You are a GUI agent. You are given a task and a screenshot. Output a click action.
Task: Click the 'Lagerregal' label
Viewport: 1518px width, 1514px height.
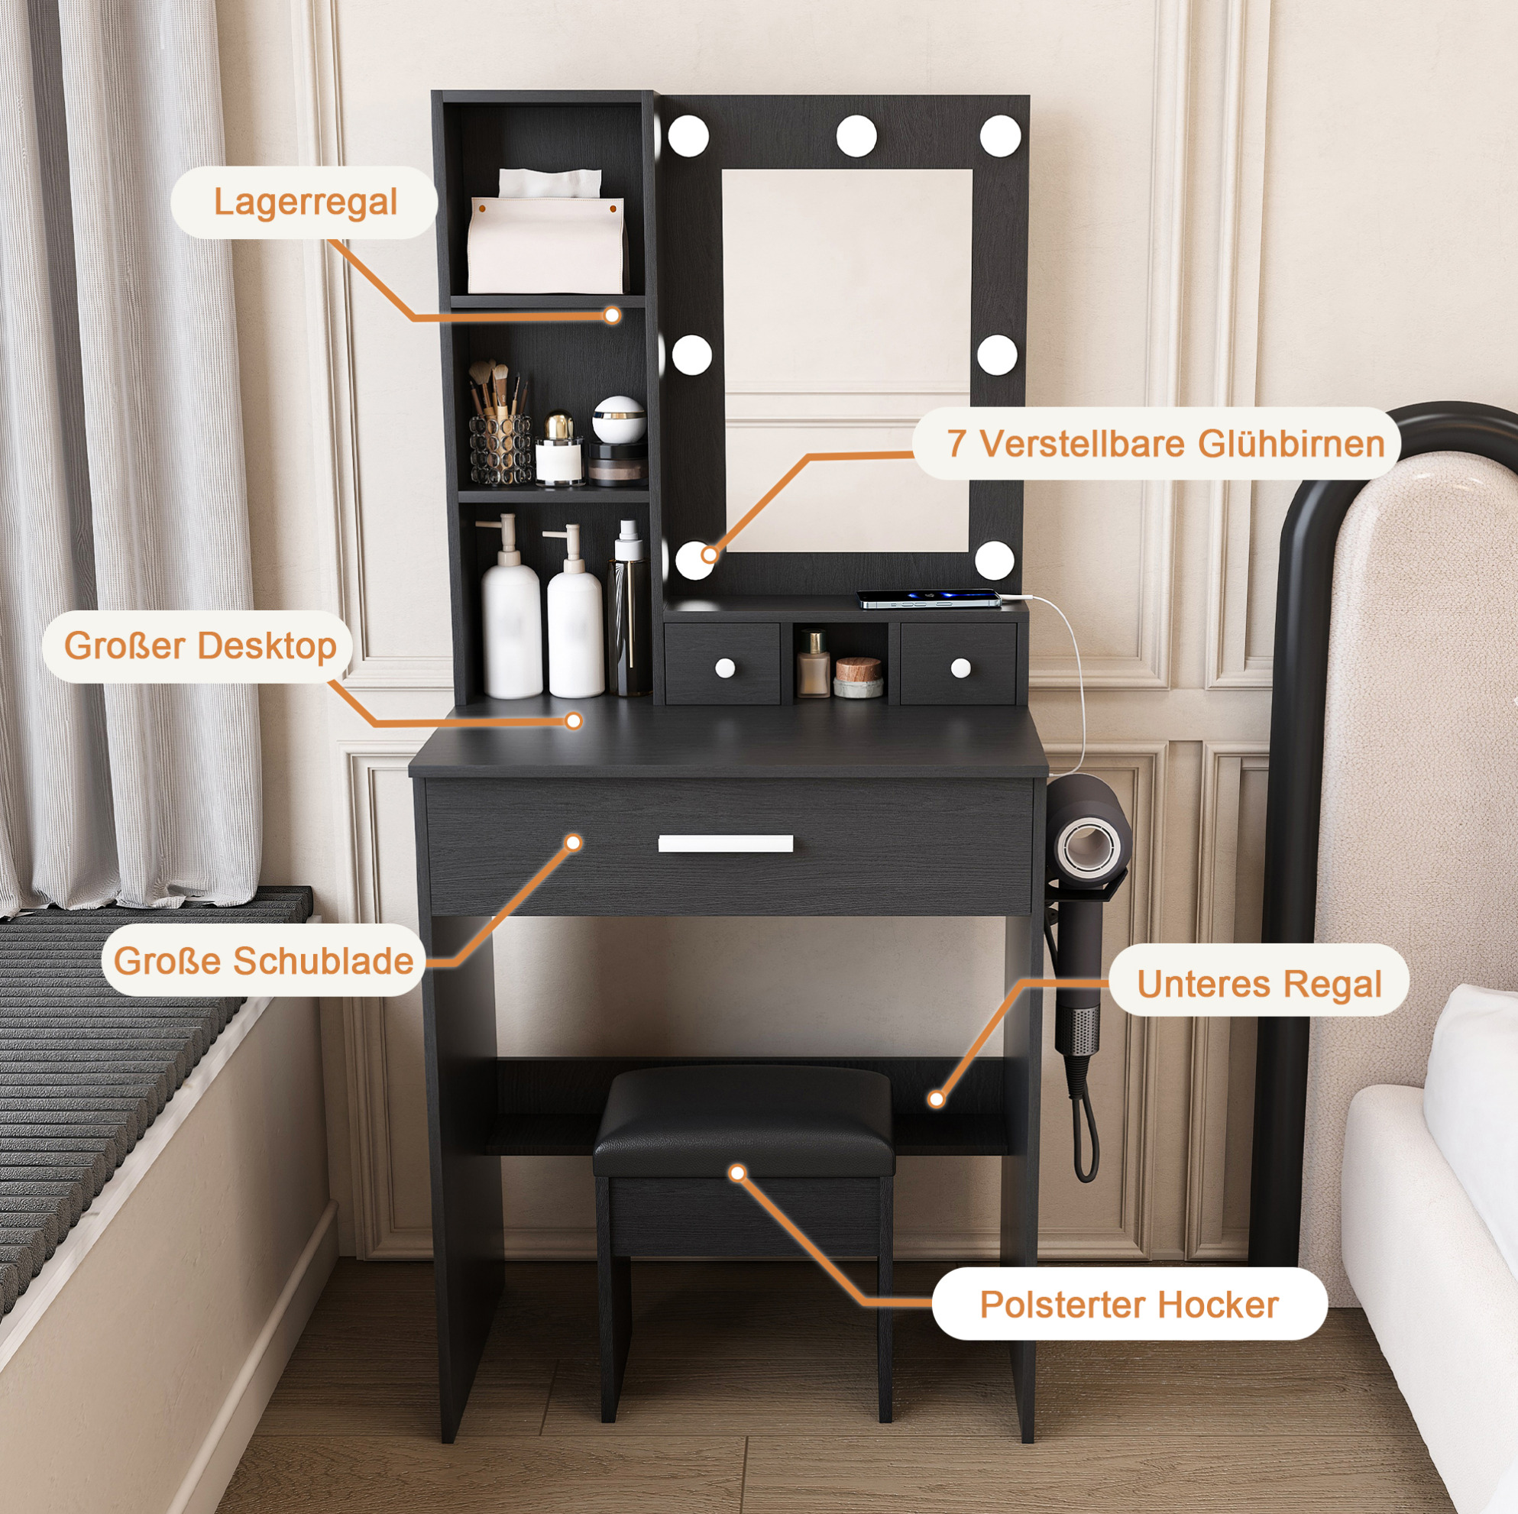[x=305, y=202]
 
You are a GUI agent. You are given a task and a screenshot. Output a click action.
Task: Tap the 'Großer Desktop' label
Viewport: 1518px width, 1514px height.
[x=199, y=645]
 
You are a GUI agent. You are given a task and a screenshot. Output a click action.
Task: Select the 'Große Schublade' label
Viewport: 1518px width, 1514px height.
[x=264, y=960]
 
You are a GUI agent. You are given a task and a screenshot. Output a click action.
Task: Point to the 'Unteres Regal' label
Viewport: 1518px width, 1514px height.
[x=1259, y=984]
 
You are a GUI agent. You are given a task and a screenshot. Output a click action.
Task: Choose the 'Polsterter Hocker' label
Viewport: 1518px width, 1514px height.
[x=1129, y=1305]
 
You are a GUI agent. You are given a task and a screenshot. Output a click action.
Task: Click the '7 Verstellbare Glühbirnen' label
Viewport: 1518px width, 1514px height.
[x=1165, y=444]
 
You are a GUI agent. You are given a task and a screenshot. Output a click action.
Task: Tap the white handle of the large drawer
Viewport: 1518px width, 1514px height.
[x=725, y=843]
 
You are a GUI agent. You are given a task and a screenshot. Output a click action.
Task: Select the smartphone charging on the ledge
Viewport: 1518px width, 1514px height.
[x=930, y=600]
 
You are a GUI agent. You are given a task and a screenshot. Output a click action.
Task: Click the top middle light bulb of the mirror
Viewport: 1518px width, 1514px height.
[x=856, y=135]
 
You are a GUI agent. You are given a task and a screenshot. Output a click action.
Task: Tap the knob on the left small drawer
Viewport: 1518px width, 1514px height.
[x=724, y=668]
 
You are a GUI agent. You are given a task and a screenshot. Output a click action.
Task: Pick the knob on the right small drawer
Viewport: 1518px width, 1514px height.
[x=960, y=668]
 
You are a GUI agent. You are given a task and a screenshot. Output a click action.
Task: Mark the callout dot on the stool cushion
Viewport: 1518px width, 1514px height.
[x=737, y=1173]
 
